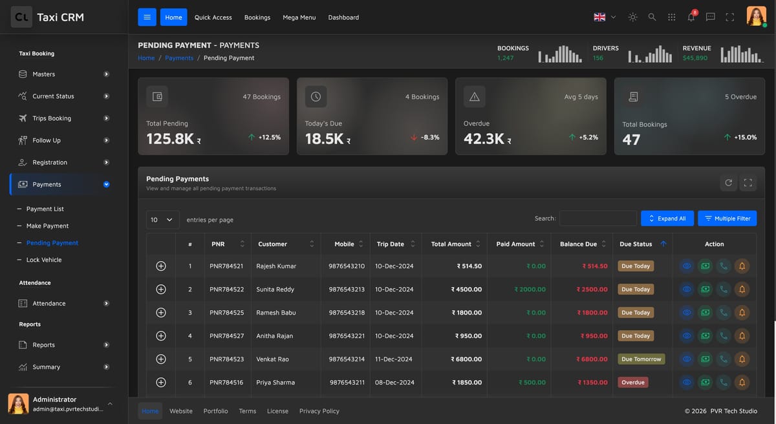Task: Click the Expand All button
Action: click(667, 218)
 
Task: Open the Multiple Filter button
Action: click(727, 218)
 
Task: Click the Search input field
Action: click(598, 218)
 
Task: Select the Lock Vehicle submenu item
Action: click(44, 260)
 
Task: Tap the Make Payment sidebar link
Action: click(47, 226)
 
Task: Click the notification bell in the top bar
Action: click(691, 17)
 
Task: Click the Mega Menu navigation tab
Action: click(299, 17)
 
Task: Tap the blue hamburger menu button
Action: click(147, 17)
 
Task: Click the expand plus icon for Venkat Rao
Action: click(161, 359)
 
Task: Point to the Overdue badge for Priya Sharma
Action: click(632, 382)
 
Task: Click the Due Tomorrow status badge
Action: click(641, 359)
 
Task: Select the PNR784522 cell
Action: click(226, 289)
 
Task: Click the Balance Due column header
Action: click(578, 244)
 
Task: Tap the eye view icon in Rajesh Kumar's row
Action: click(687, 266)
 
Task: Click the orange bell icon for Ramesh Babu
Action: click(742, 313)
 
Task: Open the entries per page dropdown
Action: click(162, 220)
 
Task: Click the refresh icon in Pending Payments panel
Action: click(728, 183)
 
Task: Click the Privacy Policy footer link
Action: click(319, 411)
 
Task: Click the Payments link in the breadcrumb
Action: click(179, 58)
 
